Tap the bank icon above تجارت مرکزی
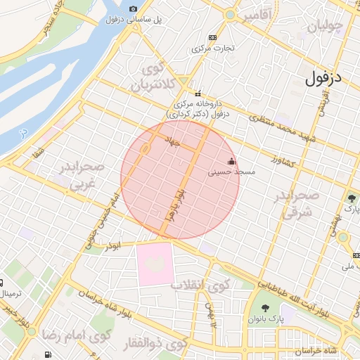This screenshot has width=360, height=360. tap(213, 37)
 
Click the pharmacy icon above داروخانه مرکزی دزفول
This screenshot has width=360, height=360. tap(198, 94)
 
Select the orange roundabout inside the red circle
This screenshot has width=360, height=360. tap(144, 149)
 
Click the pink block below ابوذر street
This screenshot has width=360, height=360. tap(154, 263)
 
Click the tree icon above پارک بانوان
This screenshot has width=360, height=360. tap(265, 307)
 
